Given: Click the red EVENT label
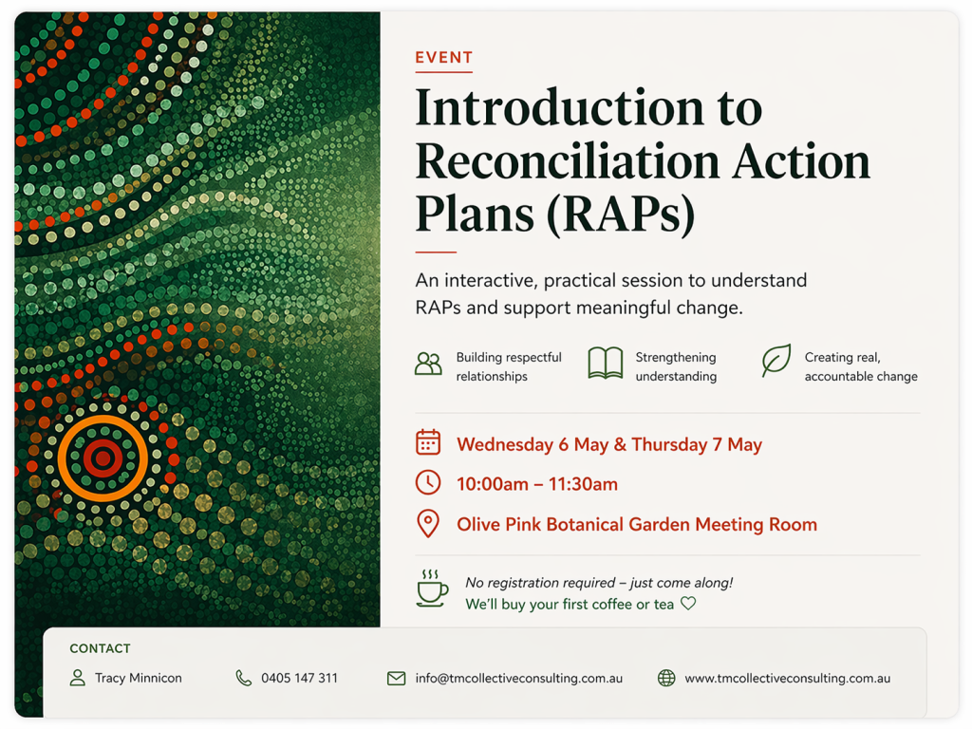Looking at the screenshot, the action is tap(444, 58).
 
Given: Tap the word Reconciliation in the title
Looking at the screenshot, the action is tap(568, 161).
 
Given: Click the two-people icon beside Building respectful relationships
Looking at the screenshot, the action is tap(428, 364).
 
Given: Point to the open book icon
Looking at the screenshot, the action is tap(605, 363).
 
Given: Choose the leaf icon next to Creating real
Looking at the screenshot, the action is tap(776, 360).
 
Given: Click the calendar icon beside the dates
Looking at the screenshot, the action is tap(428, 442).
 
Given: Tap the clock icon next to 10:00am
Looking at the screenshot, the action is tap(428, 482).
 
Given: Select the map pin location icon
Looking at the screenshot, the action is tap(428, 523).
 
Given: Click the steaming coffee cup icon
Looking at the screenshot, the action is tap(432, 589).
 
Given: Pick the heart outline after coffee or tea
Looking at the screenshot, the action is tap(688, 603).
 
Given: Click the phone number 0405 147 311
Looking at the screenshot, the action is tap(299, 678).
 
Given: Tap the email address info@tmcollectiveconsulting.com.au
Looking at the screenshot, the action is tap(519, 678).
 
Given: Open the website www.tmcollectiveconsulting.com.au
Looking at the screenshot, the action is tap(787, 678).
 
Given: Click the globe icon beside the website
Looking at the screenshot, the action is tap(666, 678).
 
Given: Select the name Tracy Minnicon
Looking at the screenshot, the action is tap(139, 678).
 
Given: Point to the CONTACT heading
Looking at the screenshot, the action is tap(100, 648).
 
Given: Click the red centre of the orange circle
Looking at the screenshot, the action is tap(103, 458).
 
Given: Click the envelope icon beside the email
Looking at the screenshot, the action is tap(396, 678).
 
